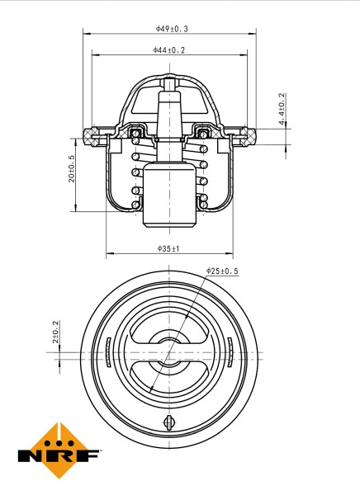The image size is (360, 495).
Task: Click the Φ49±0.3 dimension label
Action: click(x=171, y=28)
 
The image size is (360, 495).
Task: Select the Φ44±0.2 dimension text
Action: click(x=168, y=50)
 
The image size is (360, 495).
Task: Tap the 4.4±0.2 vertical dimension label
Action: click(x=282, y=109)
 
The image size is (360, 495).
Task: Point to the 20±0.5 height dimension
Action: click(x=72, y=168)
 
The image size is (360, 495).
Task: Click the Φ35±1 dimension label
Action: click(x=168, y=247)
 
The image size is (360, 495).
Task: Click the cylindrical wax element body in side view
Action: click(x=169, y=196)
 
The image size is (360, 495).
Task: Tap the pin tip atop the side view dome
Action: click(x=170, y=83)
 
